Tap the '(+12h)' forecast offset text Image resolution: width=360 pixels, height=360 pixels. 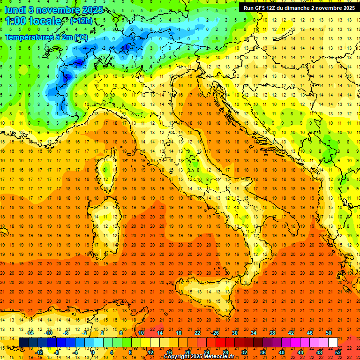tap(82, 21)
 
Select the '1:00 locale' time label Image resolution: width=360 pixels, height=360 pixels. tap(33, 22)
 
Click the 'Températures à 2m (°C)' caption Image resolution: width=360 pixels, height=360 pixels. tap(46, 37)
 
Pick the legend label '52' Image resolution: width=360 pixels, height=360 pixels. tap(338, 352)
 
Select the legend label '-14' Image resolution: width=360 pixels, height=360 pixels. tap(30, 333)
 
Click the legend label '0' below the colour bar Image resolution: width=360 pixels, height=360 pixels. tap(93, 352)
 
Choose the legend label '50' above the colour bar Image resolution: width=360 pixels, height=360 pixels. tap(328, 333)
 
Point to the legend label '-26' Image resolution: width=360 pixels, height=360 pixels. tap(215, 333)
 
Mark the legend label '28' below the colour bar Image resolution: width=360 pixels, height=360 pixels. tap(225, 352)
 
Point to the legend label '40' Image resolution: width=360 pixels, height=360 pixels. tap(281, 352)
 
